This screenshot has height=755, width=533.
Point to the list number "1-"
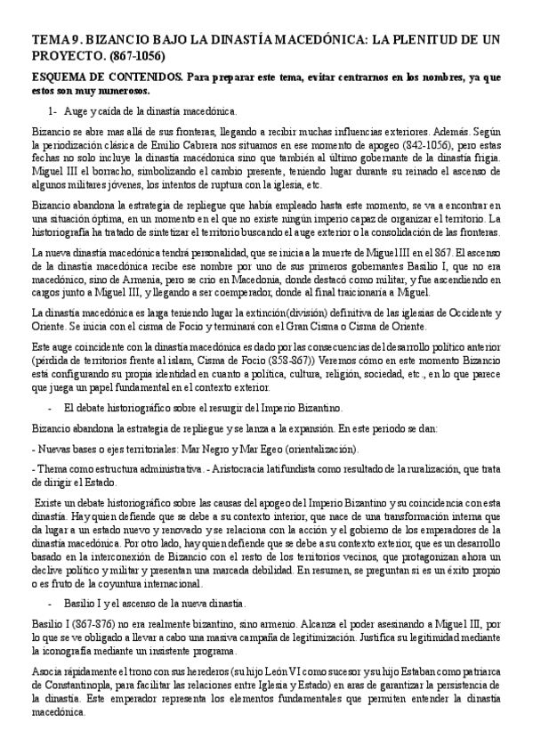tap(53, 111)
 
